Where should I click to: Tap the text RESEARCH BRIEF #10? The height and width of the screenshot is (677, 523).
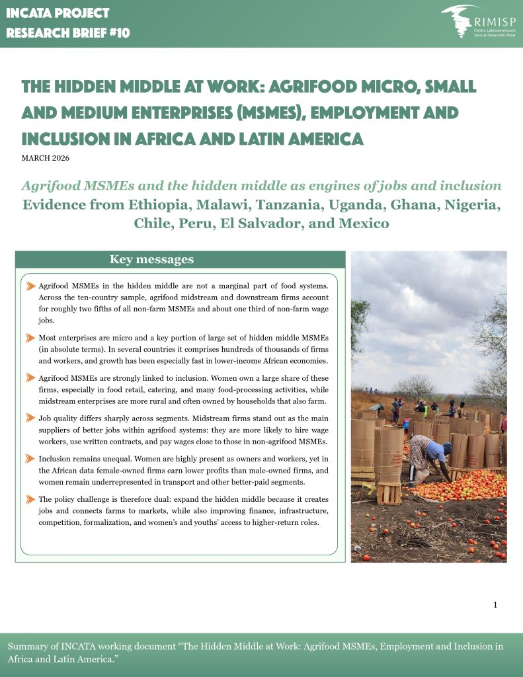coord(68,32)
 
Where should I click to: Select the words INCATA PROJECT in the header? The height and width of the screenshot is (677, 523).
coord(58,13)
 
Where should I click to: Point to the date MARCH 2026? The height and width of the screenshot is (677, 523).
coord(46,158)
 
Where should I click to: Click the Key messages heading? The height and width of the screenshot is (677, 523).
coord(151,259)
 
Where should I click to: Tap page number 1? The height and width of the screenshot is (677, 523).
coord(495,605)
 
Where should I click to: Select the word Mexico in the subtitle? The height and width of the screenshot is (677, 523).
coord(363,223)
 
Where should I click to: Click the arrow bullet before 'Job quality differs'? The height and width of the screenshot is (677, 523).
coord(31,418)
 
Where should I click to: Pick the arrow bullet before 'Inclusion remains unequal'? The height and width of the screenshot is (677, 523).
coord(31,459)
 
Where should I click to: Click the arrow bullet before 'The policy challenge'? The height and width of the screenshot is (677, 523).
coord(31,500)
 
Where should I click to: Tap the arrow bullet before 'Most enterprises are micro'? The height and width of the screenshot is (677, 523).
coord(31,338)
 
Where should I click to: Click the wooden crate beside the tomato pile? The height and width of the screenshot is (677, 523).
coord(389,493)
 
